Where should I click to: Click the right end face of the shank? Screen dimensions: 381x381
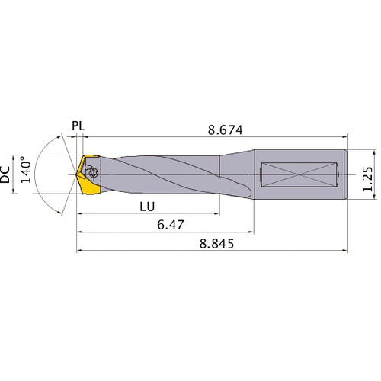click(347, 174)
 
